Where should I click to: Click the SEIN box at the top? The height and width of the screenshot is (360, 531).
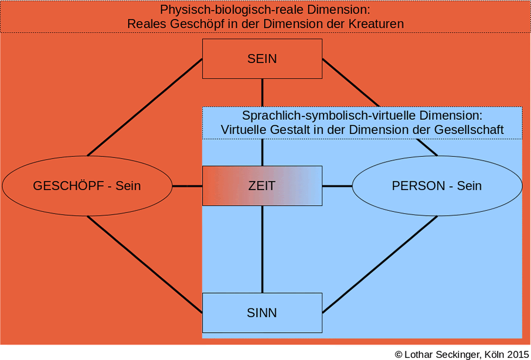(262, 59)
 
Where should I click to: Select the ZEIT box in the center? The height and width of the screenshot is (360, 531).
(262, 186)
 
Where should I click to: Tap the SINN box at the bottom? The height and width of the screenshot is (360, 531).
(262, 313)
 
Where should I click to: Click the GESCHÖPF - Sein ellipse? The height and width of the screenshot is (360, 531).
(87, 186)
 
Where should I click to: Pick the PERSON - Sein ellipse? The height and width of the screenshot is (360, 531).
(437, 186)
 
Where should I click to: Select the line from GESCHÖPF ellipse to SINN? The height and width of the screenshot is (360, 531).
(144, 265)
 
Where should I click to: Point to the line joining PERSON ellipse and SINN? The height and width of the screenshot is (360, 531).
(380, 265)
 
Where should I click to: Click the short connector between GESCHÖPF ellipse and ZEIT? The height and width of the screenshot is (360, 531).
(187, 186)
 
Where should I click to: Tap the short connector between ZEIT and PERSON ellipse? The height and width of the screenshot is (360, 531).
(337, 186)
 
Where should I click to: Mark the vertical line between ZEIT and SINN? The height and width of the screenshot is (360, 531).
(262, 249)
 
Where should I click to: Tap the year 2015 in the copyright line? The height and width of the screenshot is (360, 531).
(518, 354)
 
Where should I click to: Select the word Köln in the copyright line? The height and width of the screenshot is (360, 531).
(494, 354)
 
